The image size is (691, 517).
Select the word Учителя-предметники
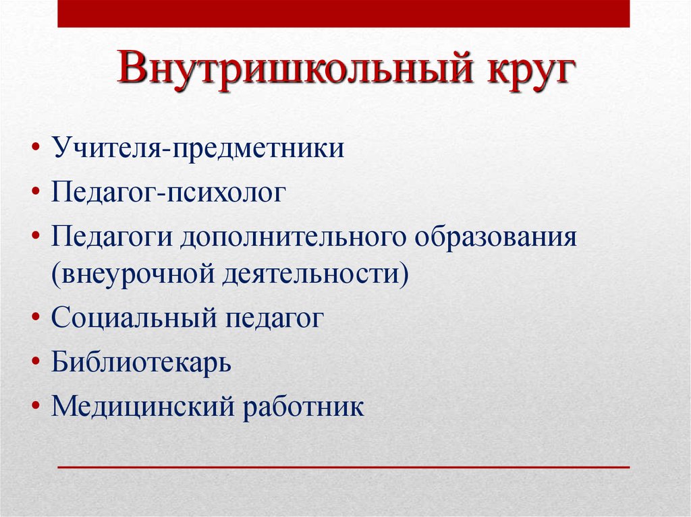[x=197, y=146]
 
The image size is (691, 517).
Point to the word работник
[x=304, y=406]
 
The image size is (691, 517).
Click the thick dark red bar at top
[x=343, y=13]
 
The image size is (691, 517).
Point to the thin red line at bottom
[x=343, y=466]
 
